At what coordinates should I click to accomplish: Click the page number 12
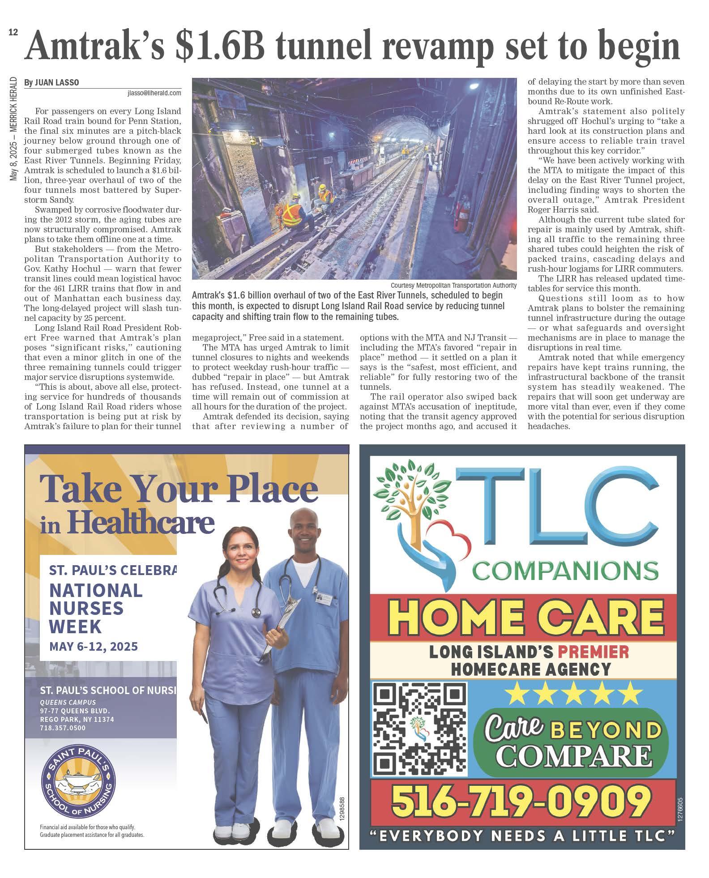click(x=12, y=33)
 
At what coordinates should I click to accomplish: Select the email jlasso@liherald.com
click(x=154, y=93)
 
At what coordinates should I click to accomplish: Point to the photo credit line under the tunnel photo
click(x=453, y=286)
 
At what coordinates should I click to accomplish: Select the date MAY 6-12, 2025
click(x=94, y=647)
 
